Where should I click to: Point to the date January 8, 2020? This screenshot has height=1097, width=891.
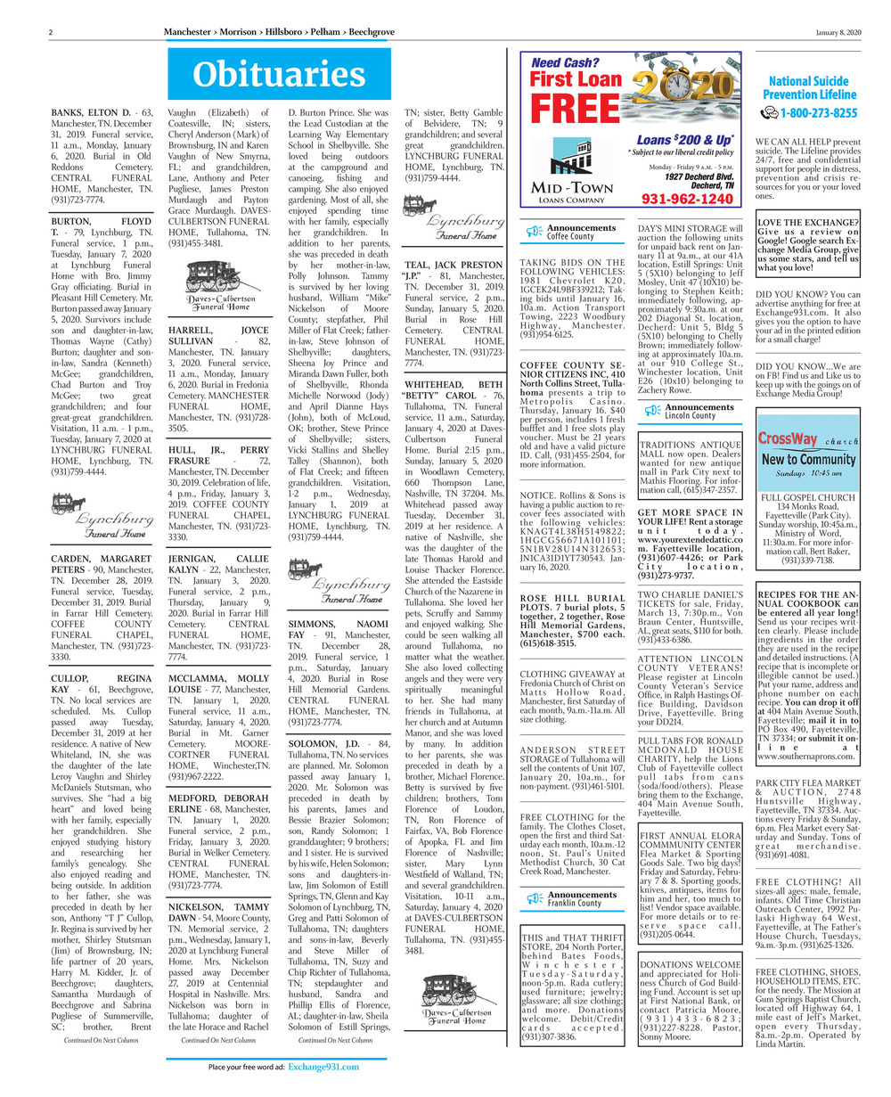(838, 32)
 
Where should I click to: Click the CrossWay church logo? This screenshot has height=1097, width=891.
(807, 439)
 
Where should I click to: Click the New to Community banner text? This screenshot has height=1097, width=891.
(807, 460)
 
